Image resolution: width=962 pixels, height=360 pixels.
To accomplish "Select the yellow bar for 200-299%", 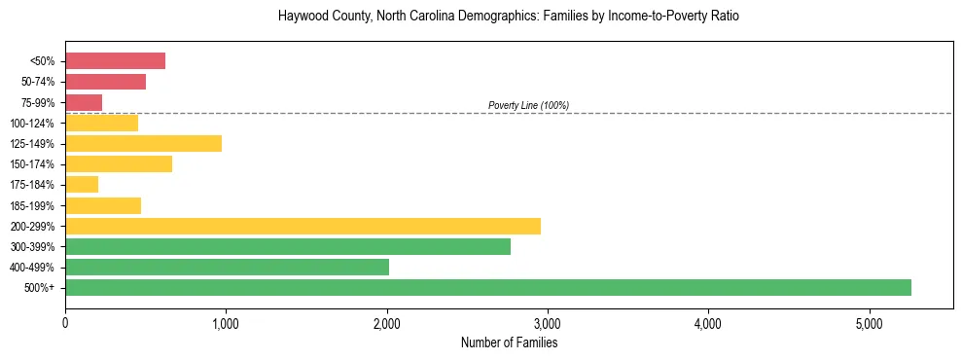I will [303, 226].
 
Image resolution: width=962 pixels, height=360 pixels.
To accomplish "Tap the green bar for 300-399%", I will [288, 246].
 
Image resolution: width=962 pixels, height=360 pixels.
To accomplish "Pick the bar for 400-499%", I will [227, 267].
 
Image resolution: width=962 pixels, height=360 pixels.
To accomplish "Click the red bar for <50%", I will [115, 61].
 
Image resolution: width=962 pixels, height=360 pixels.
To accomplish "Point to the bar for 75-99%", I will [84, 102].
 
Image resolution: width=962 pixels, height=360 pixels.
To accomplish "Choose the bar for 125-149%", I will [143, 143].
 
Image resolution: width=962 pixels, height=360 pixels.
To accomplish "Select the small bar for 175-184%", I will [82, 184].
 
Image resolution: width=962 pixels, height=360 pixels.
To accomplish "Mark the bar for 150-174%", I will [119, 163].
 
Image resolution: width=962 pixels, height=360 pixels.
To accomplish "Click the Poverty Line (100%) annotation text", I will [528, 105].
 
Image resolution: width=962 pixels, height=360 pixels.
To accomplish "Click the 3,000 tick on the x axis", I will [548, 323].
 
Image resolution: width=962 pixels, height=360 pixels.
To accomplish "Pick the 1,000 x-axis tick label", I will [226, 323].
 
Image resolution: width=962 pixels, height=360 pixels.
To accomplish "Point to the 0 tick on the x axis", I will [65, 323].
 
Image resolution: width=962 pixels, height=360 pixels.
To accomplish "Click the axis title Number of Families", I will [509, 342].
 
